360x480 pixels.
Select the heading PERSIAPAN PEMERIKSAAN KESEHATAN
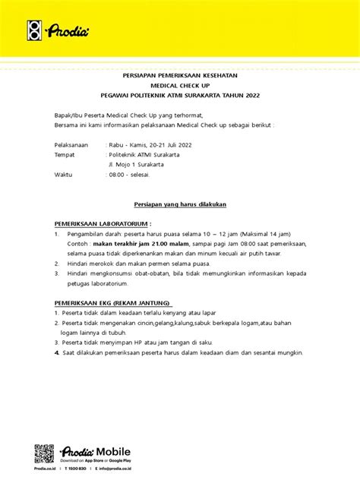click(180, 76)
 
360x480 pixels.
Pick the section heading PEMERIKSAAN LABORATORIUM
click(101, 225)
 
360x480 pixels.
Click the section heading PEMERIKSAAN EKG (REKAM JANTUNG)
click(112, 302)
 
